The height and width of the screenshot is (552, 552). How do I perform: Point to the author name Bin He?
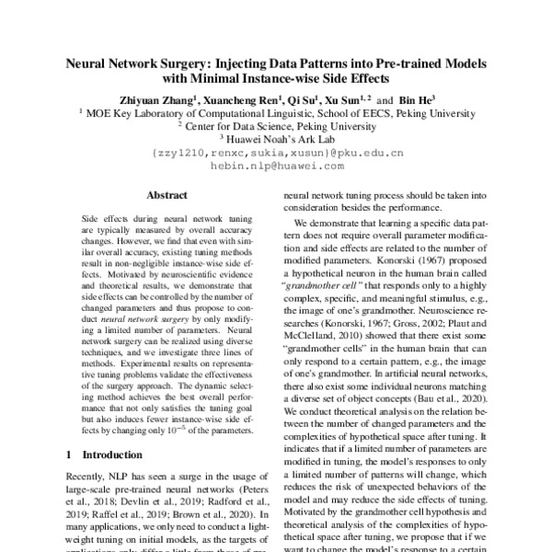click(x=417, y=99)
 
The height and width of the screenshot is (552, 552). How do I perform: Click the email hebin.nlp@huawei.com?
click(x=277, y=167)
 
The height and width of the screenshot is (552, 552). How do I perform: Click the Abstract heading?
click(x=167, y=196)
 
